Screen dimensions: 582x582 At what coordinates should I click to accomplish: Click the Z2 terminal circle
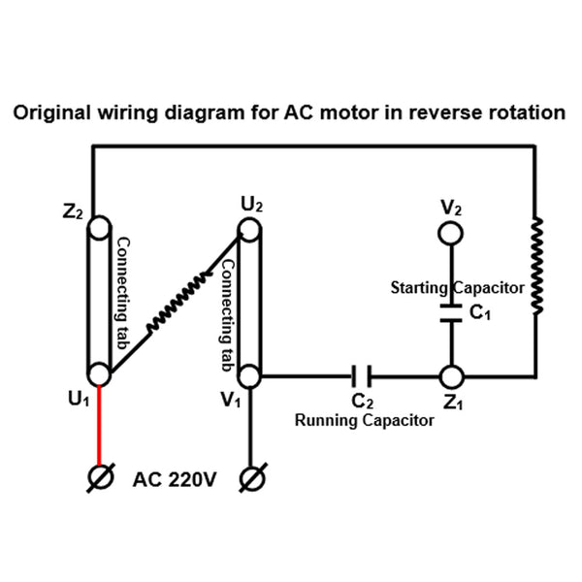[98, 229]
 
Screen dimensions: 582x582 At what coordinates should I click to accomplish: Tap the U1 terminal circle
[98, 374]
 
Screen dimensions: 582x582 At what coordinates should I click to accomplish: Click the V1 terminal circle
[251, 374]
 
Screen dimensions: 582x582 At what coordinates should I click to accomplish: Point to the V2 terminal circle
[451, 233]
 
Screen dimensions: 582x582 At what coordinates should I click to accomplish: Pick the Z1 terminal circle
[451, 374]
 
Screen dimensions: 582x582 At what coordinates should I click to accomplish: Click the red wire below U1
[98, 427]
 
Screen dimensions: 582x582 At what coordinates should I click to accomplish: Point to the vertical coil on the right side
[534, 267]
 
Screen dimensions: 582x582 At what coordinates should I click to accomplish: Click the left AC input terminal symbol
[98, 478]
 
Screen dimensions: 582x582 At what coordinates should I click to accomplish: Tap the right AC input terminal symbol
[251, 478]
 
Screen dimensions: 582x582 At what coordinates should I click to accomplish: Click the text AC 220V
[175, 479]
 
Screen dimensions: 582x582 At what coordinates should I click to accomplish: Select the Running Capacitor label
[365, 421]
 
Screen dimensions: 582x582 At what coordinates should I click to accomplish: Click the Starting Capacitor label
[457, 288]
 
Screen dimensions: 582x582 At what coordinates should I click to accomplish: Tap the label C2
[362, 401]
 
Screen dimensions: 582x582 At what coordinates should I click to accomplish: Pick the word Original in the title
[48, 113]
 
